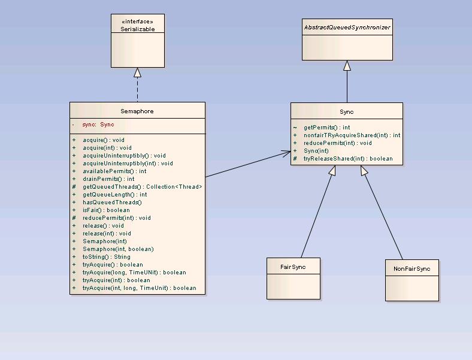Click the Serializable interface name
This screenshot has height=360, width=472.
(137, 29)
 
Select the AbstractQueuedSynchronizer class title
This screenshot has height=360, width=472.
(347, 28)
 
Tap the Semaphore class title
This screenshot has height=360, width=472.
(137, 111)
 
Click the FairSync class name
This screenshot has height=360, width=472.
(293, 267)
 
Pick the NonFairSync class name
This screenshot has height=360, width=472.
(412, 269)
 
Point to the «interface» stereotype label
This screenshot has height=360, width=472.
(137, 22)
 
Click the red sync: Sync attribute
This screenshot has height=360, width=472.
(98, 125)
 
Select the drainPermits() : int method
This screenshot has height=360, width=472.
(108, 179)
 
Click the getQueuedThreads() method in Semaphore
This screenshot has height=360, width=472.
(142, 187)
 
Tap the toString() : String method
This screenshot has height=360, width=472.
(106, 257)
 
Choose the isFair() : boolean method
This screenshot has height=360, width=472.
(106, 210)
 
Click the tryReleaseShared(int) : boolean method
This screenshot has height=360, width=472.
(347, 159)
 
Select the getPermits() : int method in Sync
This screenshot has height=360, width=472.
(326, 128)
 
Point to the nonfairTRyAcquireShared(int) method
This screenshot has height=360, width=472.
(352, 135)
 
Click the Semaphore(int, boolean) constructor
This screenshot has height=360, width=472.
(118, 249)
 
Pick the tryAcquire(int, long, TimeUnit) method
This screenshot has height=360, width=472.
(139, 288)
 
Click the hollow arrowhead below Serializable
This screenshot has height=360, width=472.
(137, 72)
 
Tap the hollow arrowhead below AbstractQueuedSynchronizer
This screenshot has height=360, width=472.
(347, 65)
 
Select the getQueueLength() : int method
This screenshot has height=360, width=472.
(114, 195)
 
